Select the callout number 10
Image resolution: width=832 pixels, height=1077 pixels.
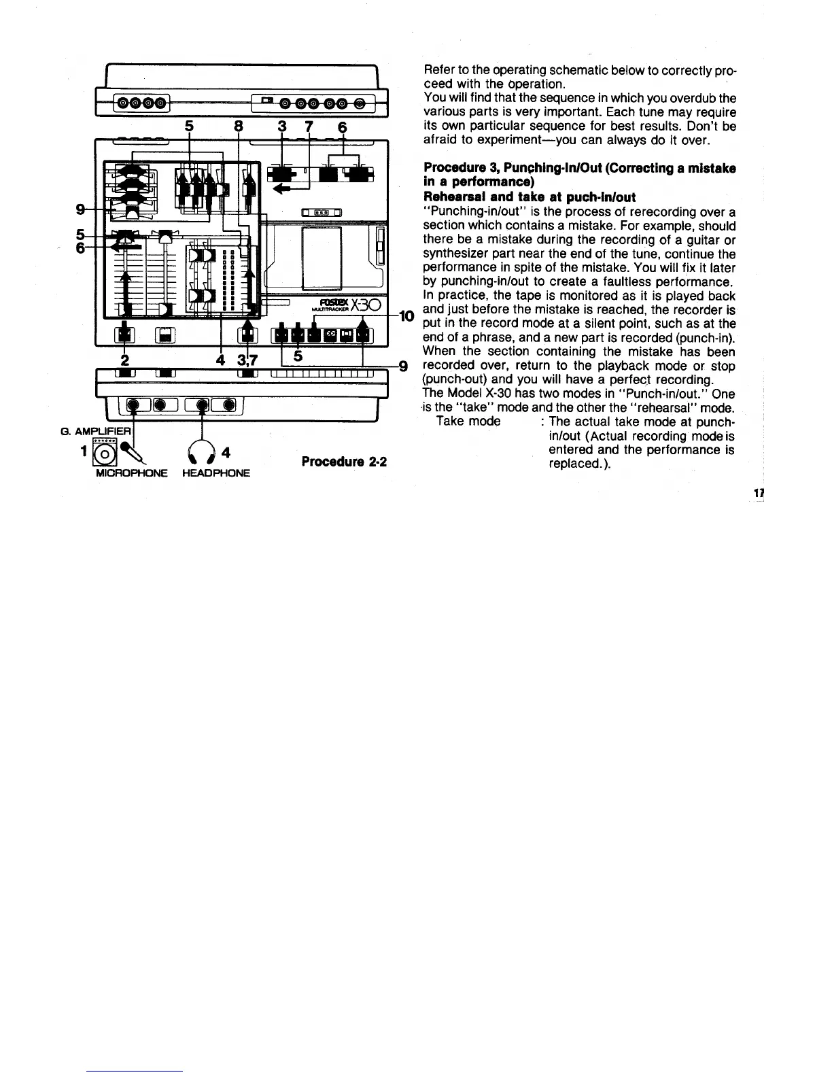click(x=406, y=315)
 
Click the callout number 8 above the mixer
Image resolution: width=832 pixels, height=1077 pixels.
click(x=238, y=128)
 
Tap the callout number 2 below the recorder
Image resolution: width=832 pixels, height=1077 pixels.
click(x=124, y=359)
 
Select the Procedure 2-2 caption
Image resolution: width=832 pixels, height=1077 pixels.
click(x=344, y=462)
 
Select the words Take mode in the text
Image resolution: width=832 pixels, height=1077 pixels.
click(x=468, y=422)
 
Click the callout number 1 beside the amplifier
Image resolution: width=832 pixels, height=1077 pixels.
click(x=84, y=450)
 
